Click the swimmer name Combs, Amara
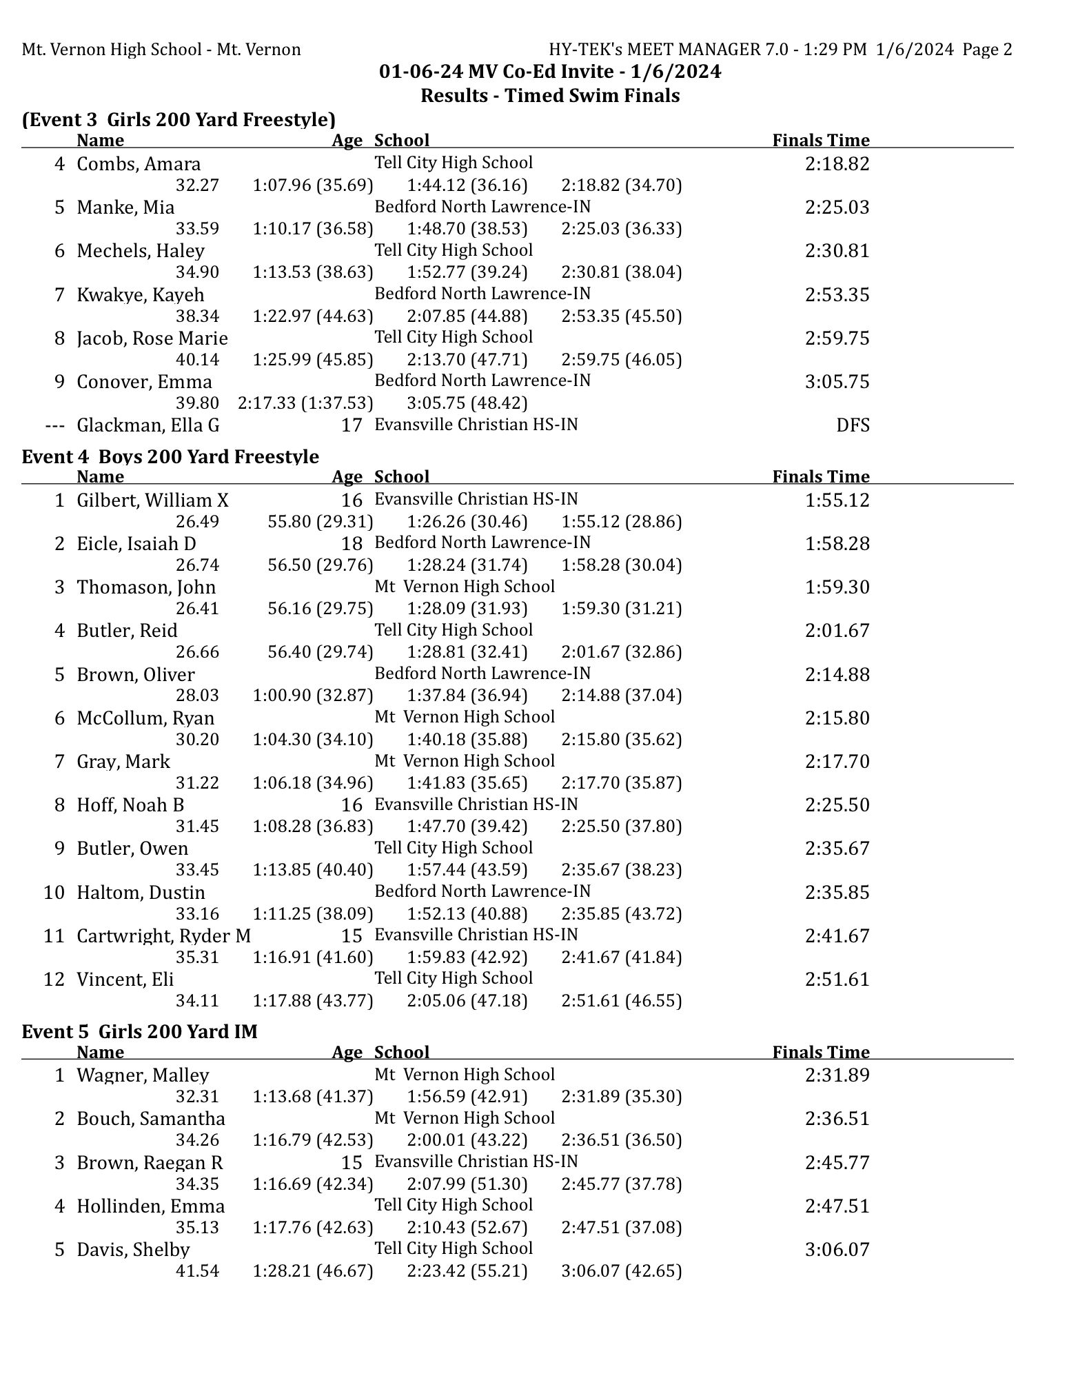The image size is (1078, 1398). point(139,164)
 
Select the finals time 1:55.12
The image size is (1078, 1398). point(837,500)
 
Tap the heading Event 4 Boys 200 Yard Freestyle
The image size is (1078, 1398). point(170,457)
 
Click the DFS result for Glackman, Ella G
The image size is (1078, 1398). point(853,425)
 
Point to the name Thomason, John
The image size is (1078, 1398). point(146,587)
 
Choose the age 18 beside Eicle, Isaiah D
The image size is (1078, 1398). point(352,544)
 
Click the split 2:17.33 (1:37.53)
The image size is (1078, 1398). point(305,403)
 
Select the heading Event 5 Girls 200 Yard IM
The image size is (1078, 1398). point(139,1032)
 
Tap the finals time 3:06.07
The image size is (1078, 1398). point(837,1250)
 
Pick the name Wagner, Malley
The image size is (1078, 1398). point(143,1075)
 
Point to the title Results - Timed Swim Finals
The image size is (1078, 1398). point(550,96)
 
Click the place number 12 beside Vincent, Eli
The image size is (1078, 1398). point(54,980)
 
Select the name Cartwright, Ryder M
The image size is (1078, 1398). point(163,936)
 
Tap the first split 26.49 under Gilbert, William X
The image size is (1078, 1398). point(197,522)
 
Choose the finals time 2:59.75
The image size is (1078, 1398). point(837,338)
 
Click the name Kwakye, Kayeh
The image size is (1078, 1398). point(141,295)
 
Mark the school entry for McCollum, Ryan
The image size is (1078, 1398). point(464,717)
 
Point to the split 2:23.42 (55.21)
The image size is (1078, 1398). point(467,1271)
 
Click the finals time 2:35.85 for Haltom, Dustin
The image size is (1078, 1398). point(837,893)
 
